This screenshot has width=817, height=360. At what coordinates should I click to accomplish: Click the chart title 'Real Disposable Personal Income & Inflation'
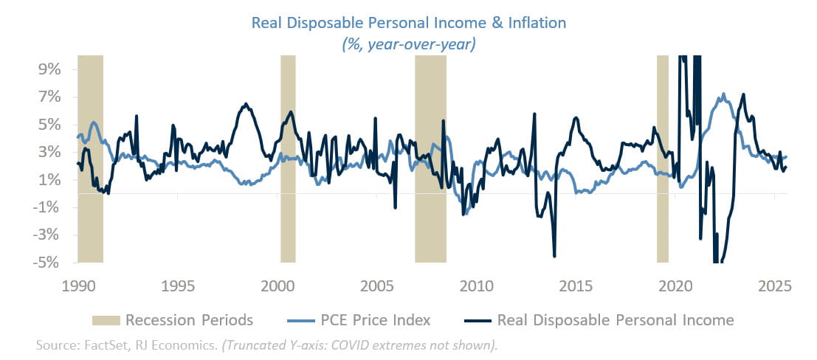pyautogui.click(x=408, y=22)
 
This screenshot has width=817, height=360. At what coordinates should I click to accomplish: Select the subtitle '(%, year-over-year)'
pyautogui.click(x=408, y=44)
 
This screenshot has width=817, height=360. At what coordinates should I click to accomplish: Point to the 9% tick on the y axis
pyautogui.click(x=46, y=69)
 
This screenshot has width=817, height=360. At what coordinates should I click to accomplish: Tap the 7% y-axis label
pyautogui.click(x=46, y=97)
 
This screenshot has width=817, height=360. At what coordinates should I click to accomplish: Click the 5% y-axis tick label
pyautogui.click(x=46, y=125)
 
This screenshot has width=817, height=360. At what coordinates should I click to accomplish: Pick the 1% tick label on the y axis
pyautogui.click(x=46, y=180)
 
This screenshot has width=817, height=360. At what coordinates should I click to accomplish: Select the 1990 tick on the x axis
pyautogui.click(x=77, y=285)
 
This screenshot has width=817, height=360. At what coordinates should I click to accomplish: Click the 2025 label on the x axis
pyautogui.click(x=775, y=285)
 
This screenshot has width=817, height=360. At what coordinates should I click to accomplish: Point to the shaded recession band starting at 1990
pyautogui.click(x=90, y=159)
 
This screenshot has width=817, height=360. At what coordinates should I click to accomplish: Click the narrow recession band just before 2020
pyautogui.click(x=663, y=159)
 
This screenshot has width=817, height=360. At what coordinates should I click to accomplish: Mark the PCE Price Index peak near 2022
pyautogui.click(x=723, y=94)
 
